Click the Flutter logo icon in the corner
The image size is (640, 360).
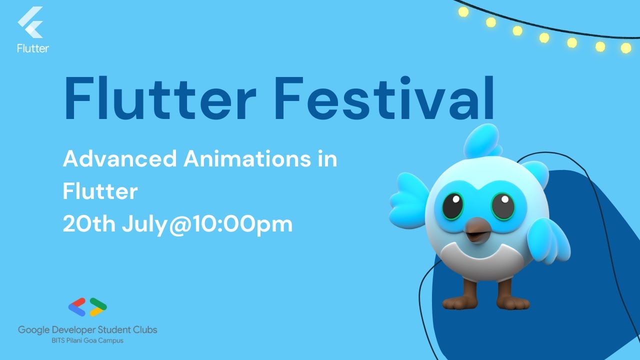click(x=31, y=23)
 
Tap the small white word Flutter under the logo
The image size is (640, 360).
click(x=33, y=48)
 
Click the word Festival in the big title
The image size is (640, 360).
click(x=384, y=99)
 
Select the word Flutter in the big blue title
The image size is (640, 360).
click(x=160, y=99)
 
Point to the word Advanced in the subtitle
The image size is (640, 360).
click(x=119, y=159)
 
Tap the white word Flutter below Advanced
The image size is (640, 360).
click(x=100, y=191)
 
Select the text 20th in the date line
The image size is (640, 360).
click(x=88, y=224)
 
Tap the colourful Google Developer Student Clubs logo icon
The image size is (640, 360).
click(x=87, y=307)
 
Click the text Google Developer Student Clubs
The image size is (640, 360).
click(x=87, y=330)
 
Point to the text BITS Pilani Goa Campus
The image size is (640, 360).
click(x=87, y=340)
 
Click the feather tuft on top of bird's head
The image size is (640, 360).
click(x=483, y=141)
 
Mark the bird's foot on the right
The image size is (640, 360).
click(x=512, y=301)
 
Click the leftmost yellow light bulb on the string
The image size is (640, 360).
click(x=463, y=11)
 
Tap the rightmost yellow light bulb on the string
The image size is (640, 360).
click(x=625, y=48)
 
